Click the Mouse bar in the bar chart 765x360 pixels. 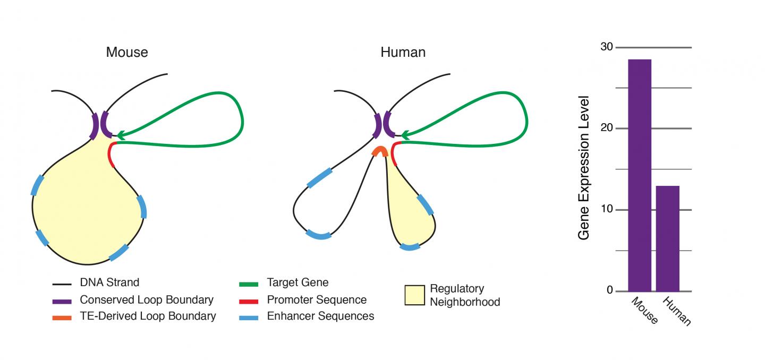[639, 175]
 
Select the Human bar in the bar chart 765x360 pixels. [667, 238]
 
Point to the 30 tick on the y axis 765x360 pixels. [606, 47]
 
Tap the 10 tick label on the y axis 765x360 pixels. [606, 210]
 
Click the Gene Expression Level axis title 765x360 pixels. [584, 168]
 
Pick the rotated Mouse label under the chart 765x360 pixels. [644, 311]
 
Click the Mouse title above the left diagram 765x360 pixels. [127, 52]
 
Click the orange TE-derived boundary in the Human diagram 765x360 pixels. [379, 151]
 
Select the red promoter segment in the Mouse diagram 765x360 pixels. [111, 154]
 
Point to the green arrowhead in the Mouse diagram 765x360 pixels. [121, 135]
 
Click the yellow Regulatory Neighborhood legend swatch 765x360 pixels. [414, 295]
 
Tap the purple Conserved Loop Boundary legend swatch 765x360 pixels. [62, 301]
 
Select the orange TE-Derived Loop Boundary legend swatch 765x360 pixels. [62, 318]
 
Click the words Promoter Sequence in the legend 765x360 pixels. [317, 300]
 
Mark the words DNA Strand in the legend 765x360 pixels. [109, 282]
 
